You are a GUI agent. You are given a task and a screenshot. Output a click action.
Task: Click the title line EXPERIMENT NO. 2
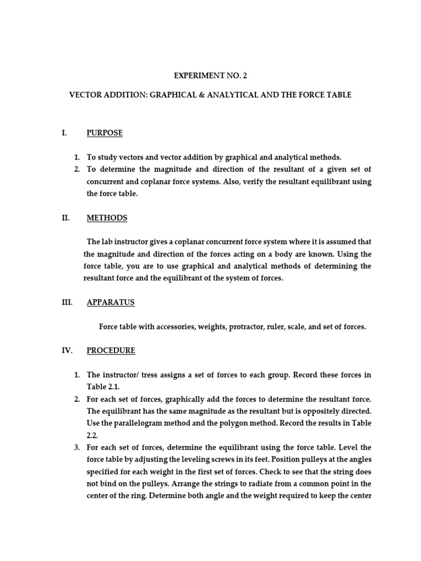[207, 76]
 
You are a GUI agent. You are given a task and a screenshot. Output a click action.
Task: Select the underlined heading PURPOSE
[105, 133]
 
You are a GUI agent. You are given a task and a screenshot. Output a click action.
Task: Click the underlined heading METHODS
[107, 218]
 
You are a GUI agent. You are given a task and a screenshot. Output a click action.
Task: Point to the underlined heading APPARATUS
[111, 302]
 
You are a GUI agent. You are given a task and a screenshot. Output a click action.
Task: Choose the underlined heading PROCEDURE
[111, 351]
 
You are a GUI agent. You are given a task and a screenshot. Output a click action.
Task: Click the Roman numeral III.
[66, 302]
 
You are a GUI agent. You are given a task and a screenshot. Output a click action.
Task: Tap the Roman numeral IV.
[66, 351]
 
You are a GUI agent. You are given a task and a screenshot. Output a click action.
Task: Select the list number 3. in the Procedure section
[77, 448]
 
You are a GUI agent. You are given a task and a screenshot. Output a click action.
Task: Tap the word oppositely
[317, 411]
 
